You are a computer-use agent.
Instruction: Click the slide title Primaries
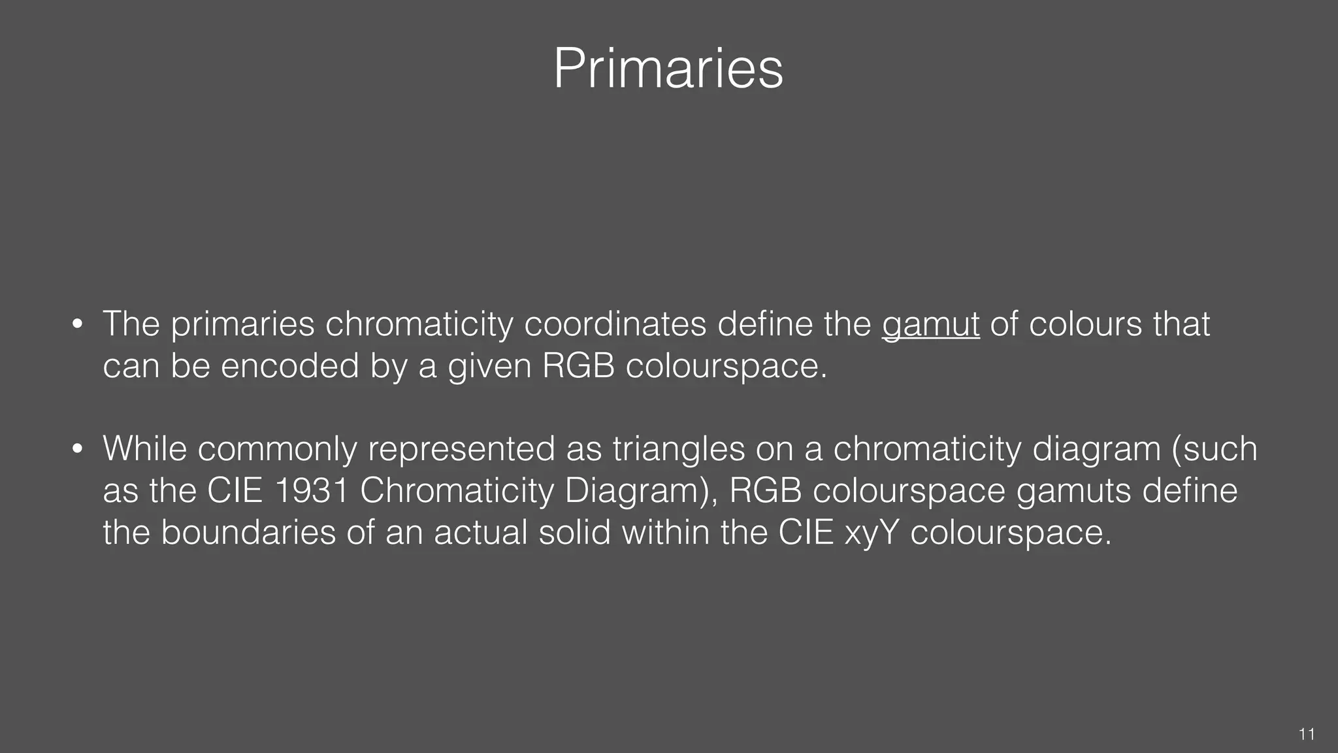[668, 69]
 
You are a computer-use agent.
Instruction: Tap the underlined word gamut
[930, 325]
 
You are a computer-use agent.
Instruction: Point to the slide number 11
[1307, 734]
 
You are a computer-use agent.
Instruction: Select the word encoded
[289, 365]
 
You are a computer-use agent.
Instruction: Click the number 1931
[311, 490]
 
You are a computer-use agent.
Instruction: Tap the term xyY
[872, 532]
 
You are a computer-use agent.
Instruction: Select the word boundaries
[248, 532]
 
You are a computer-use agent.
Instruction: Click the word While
[145, 448]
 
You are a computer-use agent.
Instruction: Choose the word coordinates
[615, 324]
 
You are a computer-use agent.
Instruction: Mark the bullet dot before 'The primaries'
[78, 325]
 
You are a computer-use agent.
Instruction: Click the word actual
[481, 532]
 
